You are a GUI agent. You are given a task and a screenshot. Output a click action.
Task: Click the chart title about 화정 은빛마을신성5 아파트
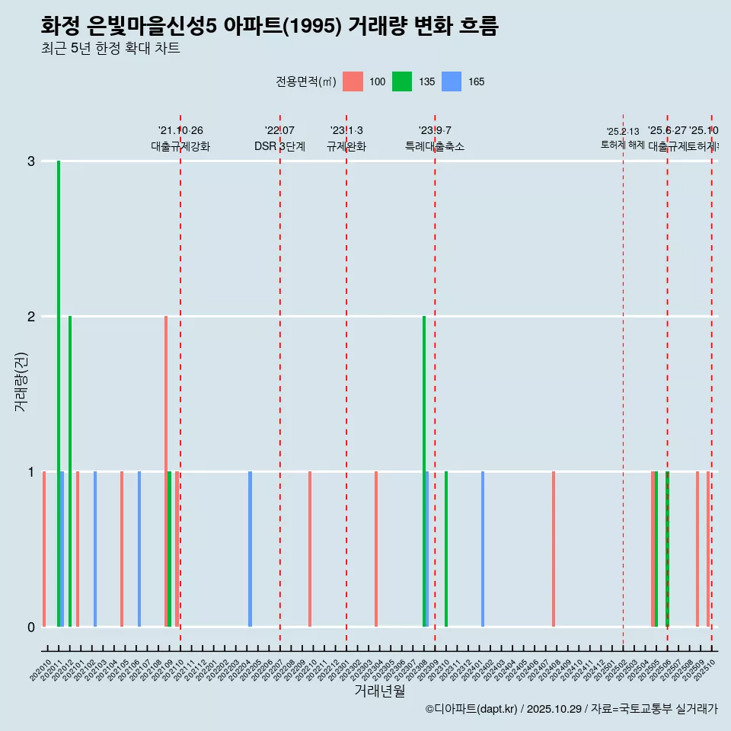[x=270, y=27]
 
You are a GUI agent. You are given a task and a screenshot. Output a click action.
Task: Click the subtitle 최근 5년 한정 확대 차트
[x=110, y=49]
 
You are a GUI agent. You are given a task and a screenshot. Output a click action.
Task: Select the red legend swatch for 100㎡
[x=353, y=81]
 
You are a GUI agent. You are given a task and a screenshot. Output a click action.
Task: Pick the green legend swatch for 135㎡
[x=402, y=81]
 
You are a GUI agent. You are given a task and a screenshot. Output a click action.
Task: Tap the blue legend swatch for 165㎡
[x=452, y=81]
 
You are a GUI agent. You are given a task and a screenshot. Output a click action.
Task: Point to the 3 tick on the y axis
[x=31, y=161]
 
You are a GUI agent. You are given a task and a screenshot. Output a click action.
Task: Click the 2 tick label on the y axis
[x=31, y=317]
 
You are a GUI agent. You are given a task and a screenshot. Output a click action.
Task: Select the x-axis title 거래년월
[x=379, y=691]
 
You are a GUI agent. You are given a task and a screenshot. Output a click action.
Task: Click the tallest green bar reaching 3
[x=59, y=393]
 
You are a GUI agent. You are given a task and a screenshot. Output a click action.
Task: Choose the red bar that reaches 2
[x=165, y=471]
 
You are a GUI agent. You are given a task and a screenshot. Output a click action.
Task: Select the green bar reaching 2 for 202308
[x=424, y=471]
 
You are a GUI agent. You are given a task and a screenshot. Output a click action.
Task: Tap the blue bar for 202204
[x=250, y=549]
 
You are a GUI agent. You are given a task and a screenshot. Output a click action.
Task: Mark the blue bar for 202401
[x=483, y=549]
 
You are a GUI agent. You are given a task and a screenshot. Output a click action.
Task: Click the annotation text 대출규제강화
[x=180, y=146]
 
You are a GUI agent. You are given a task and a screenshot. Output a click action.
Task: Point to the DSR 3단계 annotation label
[x=279, y=146]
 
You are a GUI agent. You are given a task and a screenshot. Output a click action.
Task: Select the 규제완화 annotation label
[x=346, y=146]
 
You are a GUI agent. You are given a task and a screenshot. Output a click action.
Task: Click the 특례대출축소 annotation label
[x=435, y=146]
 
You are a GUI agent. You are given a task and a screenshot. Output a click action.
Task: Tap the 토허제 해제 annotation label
[x=623, y=144]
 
